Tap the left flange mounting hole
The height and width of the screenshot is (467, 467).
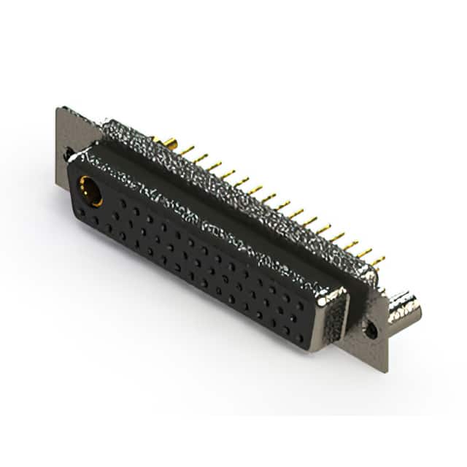pos(68,154)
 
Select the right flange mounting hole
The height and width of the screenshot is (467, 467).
pos(372,330)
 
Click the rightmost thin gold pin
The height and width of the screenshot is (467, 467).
pos(377,260)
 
